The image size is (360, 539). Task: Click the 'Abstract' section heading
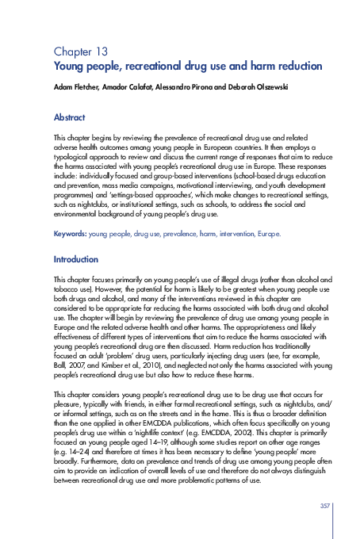tap(69, 117)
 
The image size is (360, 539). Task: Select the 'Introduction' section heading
tap(75, 259)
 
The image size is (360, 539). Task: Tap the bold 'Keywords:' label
tap(70, 235)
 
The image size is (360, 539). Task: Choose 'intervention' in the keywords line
tap(227, 235)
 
